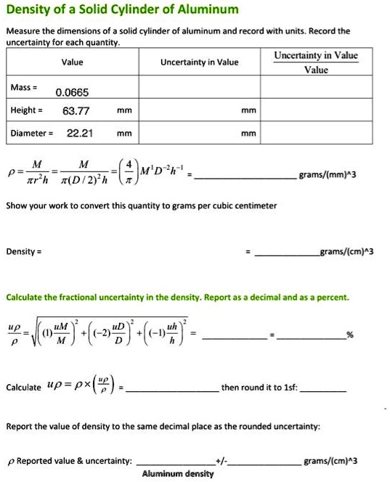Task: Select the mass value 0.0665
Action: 72,93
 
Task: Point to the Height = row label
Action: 25,110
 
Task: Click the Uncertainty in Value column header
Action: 199,62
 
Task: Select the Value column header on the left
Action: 72,62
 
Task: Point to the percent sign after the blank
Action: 350,335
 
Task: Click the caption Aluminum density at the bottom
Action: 178,473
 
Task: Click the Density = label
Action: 23,251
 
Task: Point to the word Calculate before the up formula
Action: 23,388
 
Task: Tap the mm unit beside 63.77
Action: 124,111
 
